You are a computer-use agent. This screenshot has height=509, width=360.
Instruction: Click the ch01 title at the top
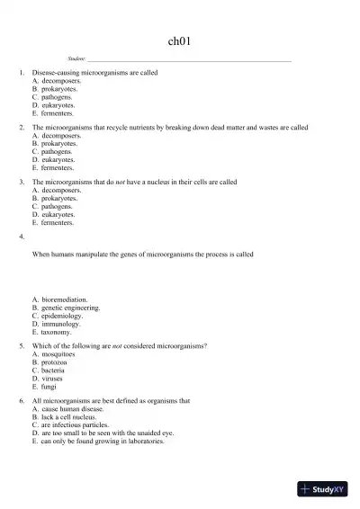point(179,41)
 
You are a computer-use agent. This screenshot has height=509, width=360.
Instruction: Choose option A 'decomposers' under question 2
point(61,136)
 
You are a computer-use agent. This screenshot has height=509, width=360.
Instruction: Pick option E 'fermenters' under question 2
point(58,167)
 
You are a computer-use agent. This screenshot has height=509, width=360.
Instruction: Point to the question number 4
point(21,237)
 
